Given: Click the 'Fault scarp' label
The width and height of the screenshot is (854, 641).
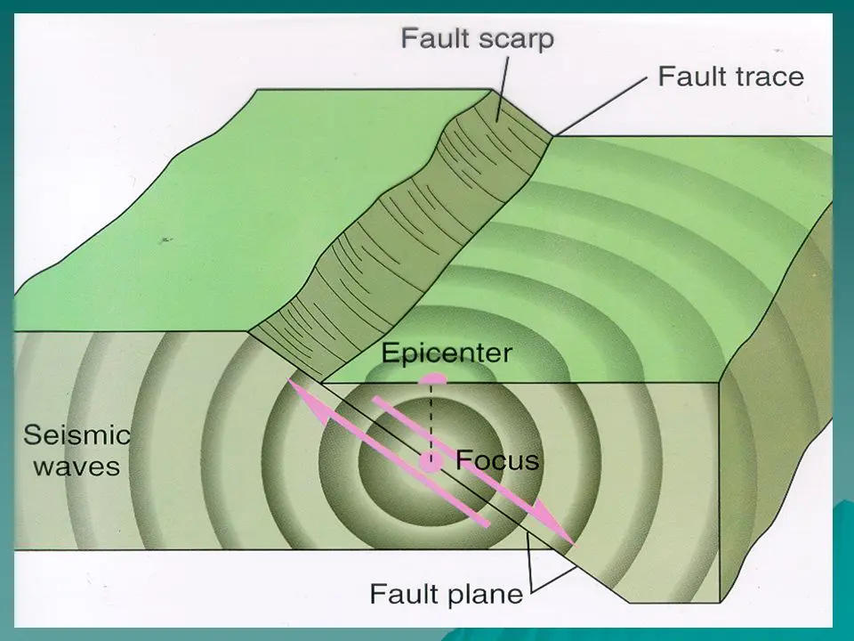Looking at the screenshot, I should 477,39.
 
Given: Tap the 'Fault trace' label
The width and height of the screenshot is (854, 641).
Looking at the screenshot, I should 730,77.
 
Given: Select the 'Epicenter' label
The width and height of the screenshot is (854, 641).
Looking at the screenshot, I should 447,353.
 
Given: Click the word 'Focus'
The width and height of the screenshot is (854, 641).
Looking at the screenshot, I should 497,460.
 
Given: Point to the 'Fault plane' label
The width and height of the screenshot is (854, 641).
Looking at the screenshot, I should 447,593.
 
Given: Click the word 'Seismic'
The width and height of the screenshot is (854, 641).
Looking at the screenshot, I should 77,436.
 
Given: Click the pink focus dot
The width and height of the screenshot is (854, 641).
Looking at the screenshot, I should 431,461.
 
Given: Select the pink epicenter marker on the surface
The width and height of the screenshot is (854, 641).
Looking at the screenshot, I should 433,377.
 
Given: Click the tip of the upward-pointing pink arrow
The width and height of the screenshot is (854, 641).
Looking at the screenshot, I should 291,384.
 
